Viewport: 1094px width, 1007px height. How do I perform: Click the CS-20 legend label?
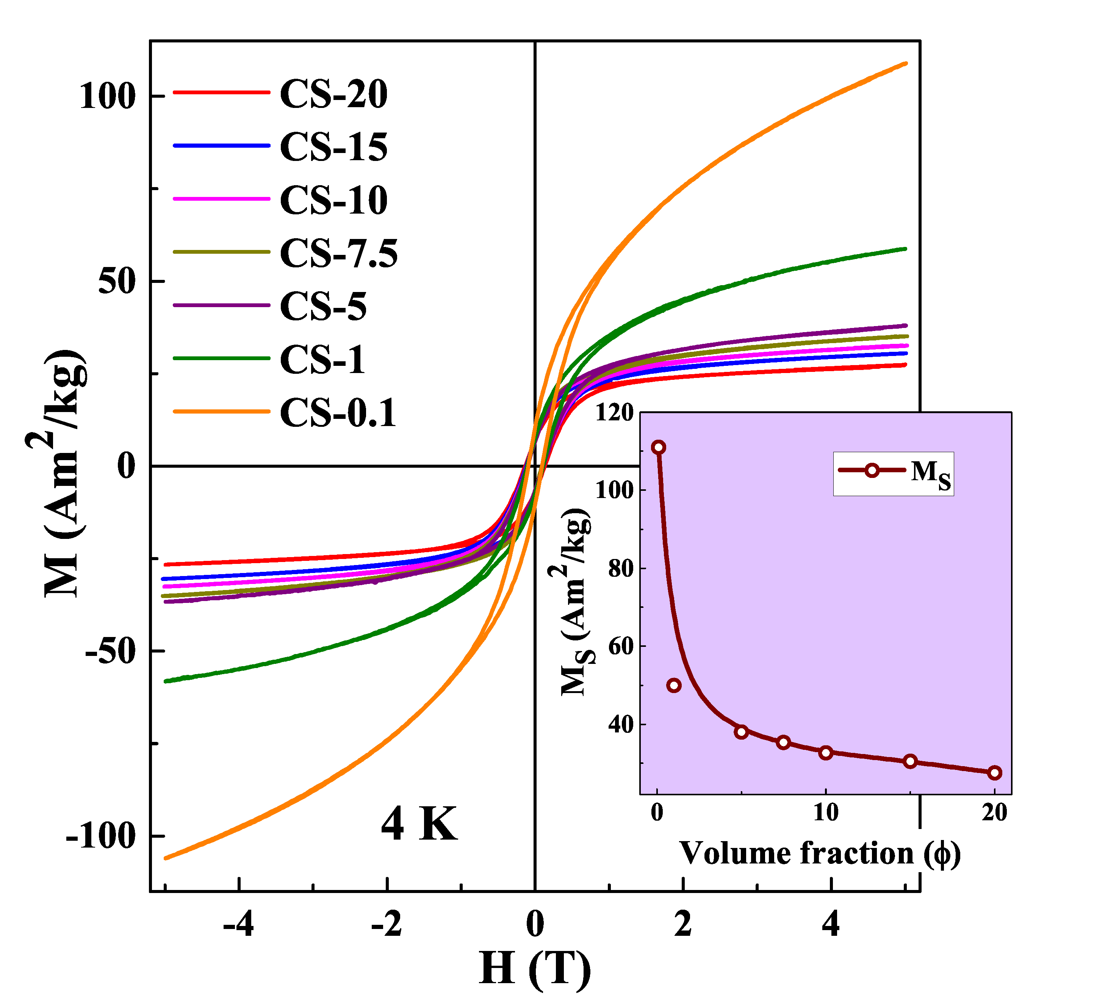pos(333,94)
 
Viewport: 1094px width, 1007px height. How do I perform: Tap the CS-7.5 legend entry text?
pos(338,253)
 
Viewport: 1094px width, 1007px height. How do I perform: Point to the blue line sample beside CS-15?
pos(221,145)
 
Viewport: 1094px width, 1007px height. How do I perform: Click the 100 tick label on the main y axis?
pos(107,97)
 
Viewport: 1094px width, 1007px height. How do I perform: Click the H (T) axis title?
pos(535,968)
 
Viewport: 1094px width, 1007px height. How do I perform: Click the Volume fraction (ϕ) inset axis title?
pos(819,853)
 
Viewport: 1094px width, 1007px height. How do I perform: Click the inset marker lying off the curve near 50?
pos(674,685)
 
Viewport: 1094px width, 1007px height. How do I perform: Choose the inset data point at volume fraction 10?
pos(826,753)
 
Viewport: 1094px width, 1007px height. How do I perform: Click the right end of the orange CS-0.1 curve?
pos(905,64)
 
